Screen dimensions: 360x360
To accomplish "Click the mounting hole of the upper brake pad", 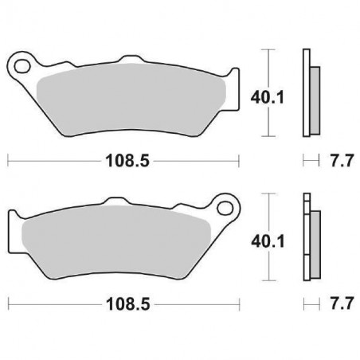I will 23,61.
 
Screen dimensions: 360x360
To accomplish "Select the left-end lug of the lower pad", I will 14,223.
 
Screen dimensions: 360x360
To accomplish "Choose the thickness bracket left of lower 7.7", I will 310,304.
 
